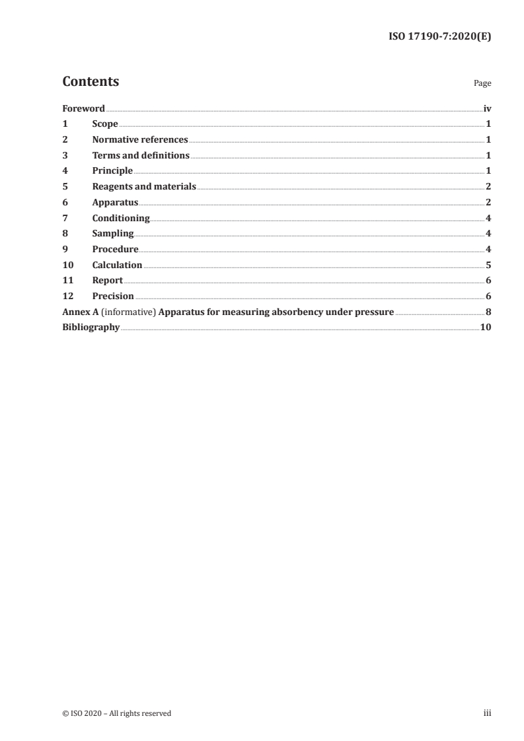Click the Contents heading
click(x=91, y=82)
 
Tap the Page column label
click(x=482, y=84)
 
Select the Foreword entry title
click(x=83, y=108)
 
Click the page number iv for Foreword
click(x=487, y=108)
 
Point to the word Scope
click(x=105, y=124)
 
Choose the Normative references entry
click(x=140, y=140)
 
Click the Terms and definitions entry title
click(x=141, y=156)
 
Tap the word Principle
click(x=112, y=171)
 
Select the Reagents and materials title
click(x=144, y=187)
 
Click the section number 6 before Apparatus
click(x=65, y=203)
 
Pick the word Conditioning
click(x=121, y=218)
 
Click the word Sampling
click(x=113, y=234)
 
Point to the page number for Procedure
click(x=488, y=250)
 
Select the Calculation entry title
click(x=117, y=265)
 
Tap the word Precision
click(x=113, y=297)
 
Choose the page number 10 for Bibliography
click(x=486, y=328)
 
